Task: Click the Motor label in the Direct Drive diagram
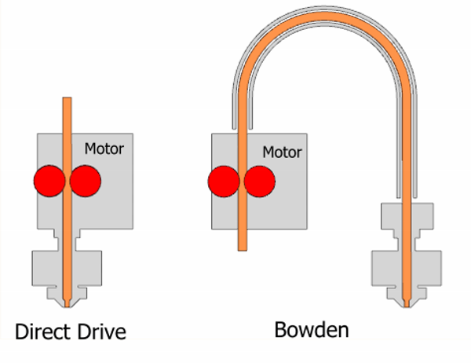click(104, 148)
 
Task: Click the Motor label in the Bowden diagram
click(282, 152)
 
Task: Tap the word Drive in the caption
click(101, 332)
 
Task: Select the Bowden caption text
click(312, 330)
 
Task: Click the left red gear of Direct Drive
click(49, 181)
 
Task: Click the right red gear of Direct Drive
click(86, 181)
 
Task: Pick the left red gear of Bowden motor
click(224, 181)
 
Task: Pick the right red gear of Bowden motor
click(260, 181)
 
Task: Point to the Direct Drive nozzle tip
click(67, 306)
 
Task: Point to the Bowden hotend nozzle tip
click(407, 306)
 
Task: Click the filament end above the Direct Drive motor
click(67, 97)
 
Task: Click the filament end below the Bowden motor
click(243, 250)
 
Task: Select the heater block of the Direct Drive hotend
click(67, 268)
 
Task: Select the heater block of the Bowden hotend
click(407, 268)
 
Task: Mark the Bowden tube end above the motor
click(243, 128)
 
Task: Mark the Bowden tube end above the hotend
click(407, 197)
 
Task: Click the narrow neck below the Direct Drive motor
click(67, 240)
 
